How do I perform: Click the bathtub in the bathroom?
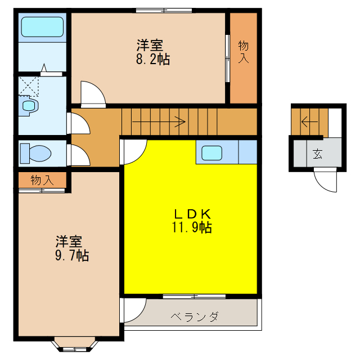42,27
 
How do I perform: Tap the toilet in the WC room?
35,152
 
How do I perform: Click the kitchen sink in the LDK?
212,152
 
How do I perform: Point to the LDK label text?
191,214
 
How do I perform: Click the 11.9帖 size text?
191,227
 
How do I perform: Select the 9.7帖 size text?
71,255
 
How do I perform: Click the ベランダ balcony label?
194,316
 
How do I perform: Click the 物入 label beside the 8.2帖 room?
243,52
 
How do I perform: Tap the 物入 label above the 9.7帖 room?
42,181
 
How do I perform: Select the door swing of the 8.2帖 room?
92,93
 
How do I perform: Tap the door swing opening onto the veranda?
133,309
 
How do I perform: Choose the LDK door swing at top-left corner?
134,151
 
